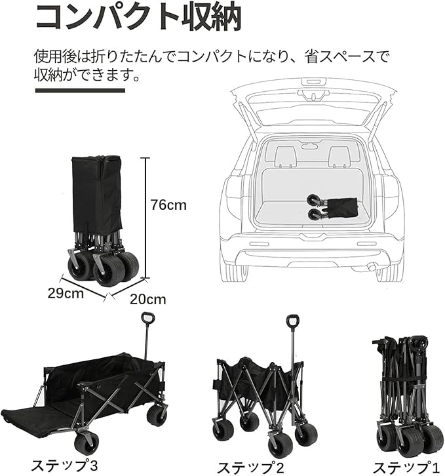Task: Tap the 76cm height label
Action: pyautogui.click(x=168, y=205)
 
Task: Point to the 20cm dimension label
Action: pyautogui.click(x=147, y=300)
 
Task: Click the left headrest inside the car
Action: pyautogui.click(x=285, y=155)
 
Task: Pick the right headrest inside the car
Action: pyautogui.click(x=339, y=155)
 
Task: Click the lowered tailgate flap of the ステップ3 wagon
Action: pyautogui.click(x=36, y=420)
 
